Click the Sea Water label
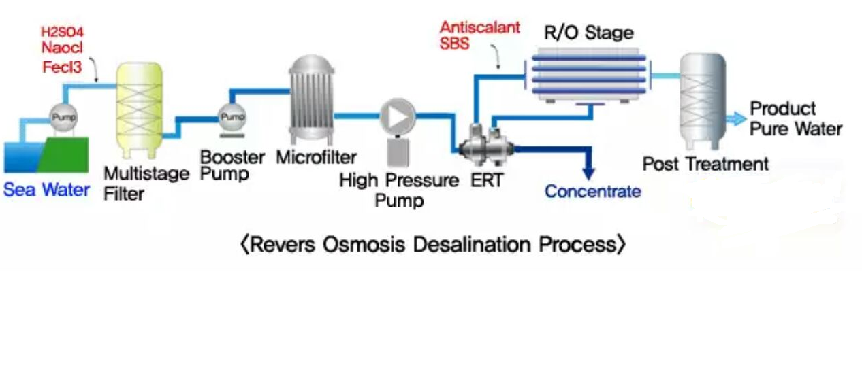46,189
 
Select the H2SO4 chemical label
63,33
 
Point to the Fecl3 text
61,67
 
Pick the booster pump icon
229,118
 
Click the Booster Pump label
232,165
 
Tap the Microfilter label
316,158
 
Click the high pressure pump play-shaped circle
396,116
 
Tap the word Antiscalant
479,28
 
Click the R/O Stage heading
589,32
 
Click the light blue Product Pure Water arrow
735,119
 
